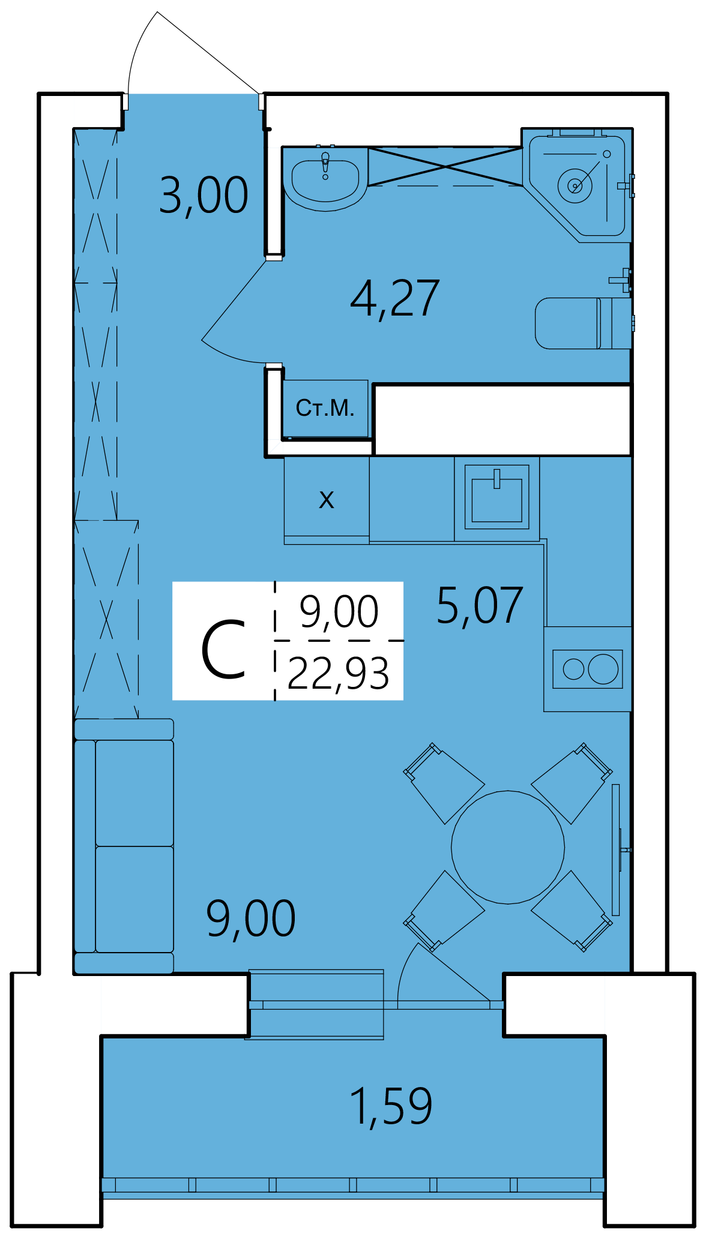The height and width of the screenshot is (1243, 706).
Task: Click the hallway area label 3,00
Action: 204,196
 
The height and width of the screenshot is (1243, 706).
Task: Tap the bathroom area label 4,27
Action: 395,299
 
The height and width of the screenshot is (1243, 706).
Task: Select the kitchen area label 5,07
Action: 480,606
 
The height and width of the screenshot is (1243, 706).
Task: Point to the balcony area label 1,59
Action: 390,1107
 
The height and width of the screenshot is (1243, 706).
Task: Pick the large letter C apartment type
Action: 223,650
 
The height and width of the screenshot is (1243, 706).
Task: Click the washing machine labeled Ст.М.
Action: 325,408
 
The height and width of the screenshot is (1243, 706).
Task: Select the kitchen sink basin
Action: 497,498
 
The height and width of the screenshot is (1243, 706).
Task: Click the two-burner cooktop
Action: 588,669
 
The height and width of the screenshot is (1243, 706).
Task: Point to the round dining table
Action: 508,847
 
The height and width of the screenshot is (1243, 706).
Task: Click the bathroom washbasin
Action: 325,179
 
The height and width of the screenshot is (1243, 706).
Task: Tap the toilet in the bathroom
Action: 583,323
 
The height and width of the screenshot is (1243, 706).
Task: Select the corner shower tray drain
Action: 575,185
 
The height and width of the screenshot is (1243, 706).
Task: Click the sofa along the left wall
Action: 124,846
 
